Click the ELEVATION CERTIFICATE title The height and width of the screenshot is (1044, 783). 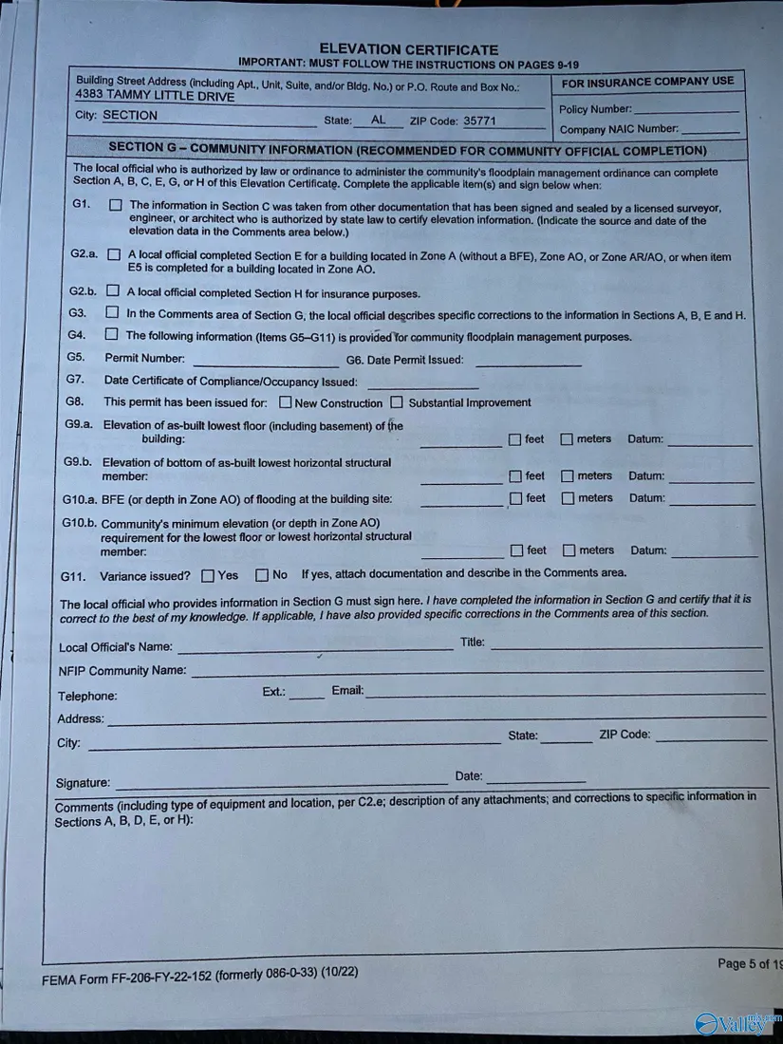(x=408, y=49)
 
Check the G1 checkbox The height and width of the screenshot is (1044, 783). (x=115, y=205)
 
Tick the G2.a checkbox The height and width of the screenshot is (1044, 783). (x=114, y=254)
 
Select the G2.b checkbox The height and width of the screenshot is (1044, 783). (x=113, y=291)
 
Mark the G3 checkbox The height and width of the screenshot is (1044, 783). (x=112, y=312)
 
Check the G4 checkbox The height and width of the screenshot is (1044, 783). (x=111, y=334)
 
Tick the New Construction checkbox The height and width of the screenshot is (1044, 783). (x=285, y=402)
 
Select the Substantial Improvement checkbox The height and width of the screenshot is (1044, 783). (x=397, y=402)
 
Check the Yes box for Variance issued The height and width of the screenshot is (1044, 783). (x=208, y=575)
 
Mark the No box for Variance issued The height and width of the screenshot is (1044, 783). (x=262, y=575)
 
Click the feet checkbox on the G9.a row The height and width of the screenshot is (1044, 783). (x=514, y=439)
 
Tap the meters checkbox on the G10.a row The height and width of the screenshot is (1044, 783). (x=567, y=498)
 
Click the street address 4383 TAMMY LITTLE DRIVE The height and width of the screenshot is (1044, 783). (x=155, y=96)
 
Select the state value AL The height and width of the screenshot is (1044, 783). (x=379, y=121)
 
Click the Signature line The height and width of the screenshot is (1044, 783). (x=281, y=782)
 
